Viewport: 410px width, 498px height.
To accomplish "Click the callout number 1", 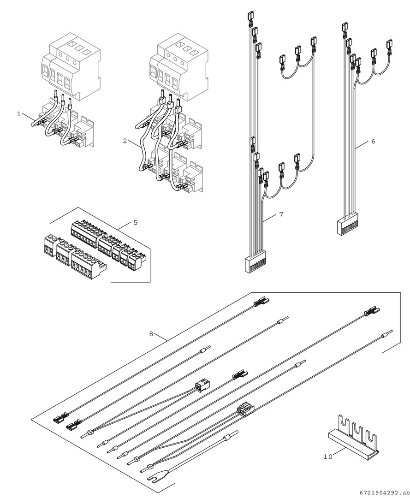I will tap(19, 114).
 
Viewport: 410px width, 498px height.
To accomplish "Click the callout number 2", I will tap(125, 141).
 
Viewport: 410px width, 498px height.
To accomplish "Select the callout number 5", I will tap(135, 222).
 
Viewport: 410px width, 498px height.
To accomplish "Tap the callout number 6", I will tap(373, 141).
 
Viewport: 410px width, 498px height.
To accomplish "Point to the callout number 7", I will tap(280, 215).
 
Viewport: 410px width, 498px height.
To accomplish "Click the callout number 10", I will tap(327, 456).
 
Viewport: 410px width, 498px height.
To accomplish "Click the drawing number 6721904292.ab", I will tap(382, 492).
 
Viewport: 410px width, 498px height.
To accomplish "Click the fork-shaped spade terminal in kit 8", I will tap(155, 480).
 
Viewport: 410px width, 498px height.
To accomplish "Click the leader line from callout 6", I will tap(363, 145).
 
